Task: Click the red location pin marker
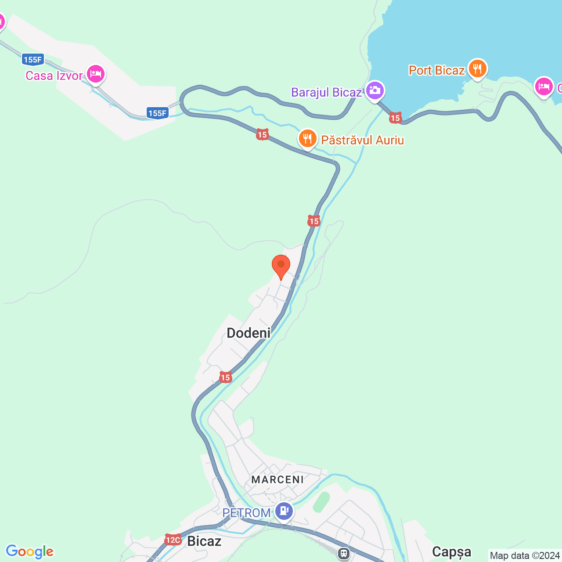pyautogui.click(x=281, y=266)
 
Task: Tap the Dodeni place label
pyautogui.click(x=249, y=333)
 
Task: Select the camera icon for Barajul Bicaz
pyautogui.click(x=375, y=91)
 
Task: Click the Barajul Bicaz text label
pyautogui.click(x=326, y=92)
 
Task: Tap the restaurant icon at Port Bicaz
pyautogui.click(x=477, y=69)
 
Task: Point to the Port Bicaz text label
pyautogui.click(x=436, y=70)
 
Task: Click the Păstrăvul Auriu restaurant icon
pyautogui.click(x=308, y=139)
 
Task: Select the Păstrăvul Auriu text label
pyautogui.click(x=362, y=140)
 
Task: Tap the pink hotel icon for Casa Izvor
pyautogui.click(x=95, y=74)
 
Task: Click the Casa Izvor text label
pyautogui.click(x=54, y=76)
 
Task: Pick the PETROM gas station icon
pyautogui.click(x=284, y=511)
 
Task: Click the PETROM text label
pyautogui.click(x=246, y=513)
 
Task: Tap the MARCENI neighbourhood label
pyautogui.click(x=277, y=479)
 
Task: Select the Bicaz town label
pyautogui.click(x=204, y=541)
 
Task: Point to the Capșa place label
pyautogui.click(x=451, y=552)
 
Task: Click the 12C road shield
pyautogui.click(x=173, y=540)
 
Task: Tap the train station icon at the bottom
pyautogui.click(x=344, y=554)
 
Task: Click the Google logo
pyautogui.click(x=30, y=551)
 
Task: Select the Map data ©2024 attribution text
pyautogui.click(x=525, y=555)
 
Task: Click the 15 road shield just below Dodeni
pyautogui.click(x=225, y=377)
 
